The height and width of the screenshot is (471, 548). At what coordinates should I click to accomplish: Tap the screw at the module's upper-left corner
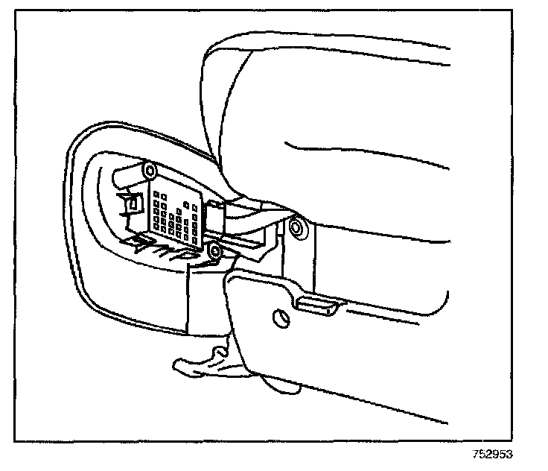pos(152,171)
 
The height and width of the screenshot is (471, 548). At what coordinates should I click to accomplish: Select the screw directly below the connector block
pos(214,252)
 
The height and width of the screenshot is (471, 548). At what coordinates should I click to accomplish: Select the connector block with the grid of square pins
pos(176,215)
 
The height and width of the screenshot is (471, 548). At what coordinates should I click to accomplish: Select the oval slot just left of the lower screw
pos(189,256)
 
